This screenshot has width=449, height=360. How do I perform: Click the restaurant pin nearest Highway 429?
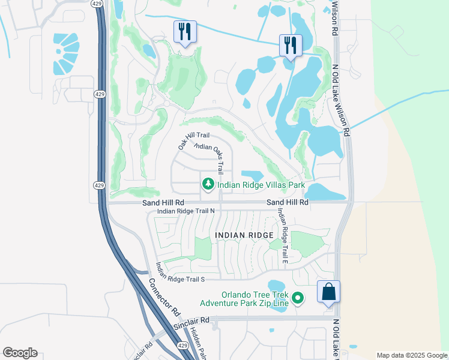pyautogui.click(x=184, y=31)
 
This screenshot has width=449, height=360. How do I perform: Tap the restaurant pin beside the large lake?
pyautogui.click(x=291, y=45)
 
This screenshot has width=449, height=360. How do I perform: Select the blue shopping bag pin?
pyautogui.click(x=328, y=292)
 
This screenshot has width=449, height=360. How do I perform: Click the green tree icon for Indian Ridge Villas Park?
pyautogui.click(x=208, y=184)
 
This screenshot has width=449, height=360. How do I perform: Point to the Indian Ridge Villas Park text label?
pyautogui.click(x=258, y=185)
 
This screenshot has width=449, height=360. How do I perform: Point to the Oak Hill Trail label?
pyautogui.click(x=193, y=141)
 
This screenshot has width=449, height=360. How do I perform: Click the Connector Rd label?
pyautogui.click(x=164, y=297)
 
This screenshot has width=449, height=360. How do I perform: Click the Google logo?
pyautogui.click(x=20, y=353)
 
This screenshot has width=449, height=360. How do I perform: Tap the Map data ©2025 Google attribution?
pyautogui.click(x=412, y=355)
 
